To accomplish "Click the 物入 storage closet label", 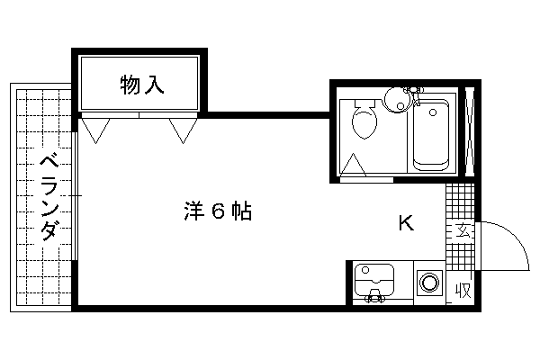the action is pyautogui.click(x=142, y=85).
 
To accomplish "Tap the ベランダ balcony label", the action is pyautogui.click(x=49, y=197).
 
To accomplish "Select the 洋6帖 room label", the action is pyautogui.click(x=218, y=211).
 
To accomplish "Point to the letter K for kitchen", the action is pyautogui.click(x=406, y=223).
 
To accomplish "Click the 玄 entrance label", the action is pyautogui.click(x=463, y=230).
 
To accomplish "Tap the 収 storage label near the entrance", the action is pyautogui.click(x=463, y=291).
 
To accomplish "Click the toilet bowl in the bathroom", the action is pyautogui.click(x=364, y=121).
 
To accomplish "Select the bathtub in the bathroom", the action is pyautogui.click(x=431, y=135).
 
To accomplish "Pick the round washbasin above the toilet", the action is pyautogui.click(x=398, y=100).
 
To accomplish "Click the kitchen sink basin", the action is pyautogui.click(x=374, y=280).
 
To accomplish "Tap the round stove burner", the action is pyautogui.click(x=430, y=283).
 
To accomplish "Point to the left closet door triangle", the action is pyautogui.click(x=96, y=130).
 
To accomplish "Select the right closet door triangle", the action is pyautogui.click(x=184, y=130).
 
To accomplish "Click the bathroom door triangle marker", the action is pyautogui.click(x=353, y=165).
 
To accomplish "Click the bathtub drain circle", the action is pyautogui.click(x=433, y=112).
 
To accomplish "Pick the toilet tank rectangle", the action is pyautogui.click(x=364, y=103).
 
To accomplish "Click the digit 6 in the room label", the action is pyautogui.click(x=218, y=211).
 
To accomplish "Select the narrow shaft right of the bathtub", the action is pyautogui.click(x=470, y=132).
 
